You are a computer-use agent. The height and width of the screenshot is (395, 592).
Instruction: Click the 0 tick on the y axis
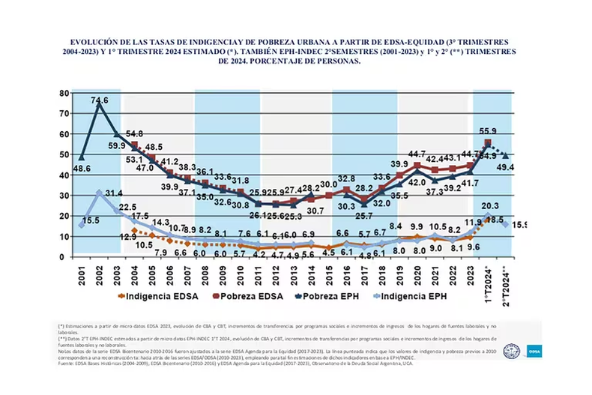pyautogui.click(x=64, y=257)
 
